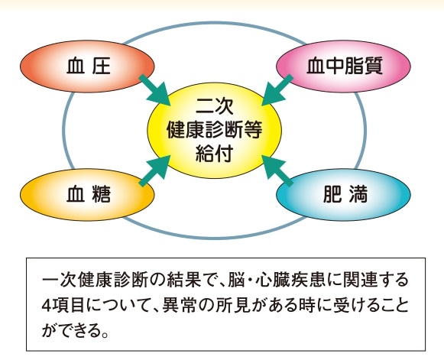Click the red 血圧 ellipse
(87, 66)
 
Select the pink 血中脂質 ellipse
(343, 66)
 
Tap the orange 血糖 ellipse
(87, 195)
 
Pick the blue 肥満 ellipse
(343, 195)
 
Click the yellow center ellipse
(214, 130)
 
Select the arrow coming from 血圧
(154, 90)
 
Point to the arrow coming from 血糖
(154, 170)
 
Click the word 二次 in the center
(214, 106)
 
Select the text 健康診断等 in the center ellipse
(214, 130)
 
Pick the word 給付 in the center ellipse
(214, 154)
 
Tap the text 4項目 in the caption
(63, 305)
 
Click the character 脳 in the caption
(236, 280)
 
